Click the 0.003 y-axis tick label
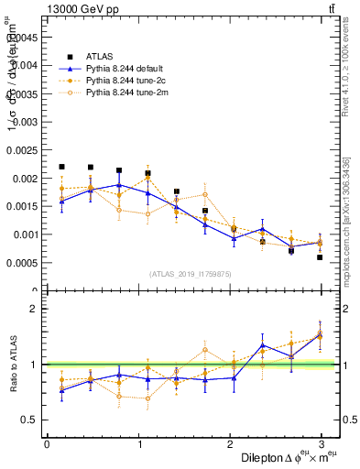tap(26, 122)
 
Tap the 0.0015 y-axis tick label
tap(23, 206)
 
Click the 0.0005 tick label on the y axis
tap(23, 263)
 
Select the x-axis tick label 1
tap(138, 443)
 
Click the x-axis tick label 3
tap(321, 443)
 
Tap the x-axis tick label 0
tap(47, 443)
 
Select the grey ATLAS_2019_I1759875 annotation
tap(184, 273)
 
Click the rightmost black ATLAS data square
tap(320, 257)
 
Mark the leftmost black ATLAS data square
tap(61, 167)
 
